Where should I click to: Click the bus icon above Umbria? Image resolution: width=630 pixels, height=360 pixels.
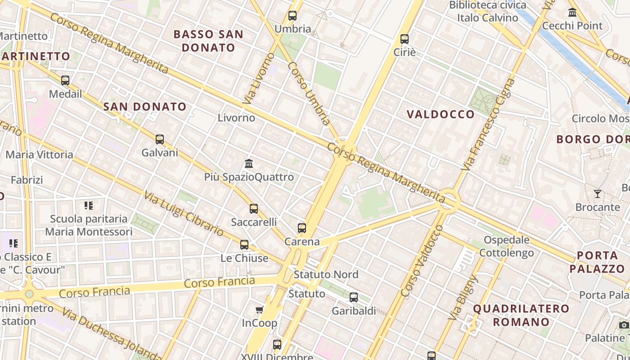[292, 16]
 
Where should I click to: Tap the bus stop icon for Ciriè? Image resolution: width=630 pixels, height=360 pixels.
[405, 39]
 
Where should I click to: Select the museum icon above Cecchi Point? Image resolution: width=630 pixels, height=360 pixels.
[572, 13]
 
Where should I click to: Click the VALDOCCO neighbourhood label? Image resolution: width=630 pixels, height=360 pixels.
[441, 114]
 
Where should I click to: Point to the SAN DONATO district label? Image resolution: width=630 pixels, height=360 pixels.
[144, 107]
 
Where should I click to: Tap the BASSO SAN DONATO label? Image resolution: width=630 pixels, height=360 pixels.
[208, 40]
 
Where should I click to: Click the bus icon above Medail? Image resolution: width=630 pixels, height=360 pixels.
[65, 81]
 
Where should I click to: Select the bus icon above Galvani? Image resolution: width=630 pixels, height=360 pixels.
[160, 139]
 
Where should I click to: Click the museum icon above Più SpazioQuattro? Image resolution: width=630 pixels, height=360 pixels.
[249, 163]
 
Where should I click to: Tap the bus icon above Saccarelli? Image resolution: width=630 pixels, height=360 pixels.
[254, 209]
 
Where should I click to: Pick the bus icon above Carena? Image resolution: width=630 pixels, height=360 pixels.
[302, 228]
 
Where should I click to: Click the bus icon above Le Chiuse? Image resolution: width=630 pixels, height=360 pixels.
[244, 245]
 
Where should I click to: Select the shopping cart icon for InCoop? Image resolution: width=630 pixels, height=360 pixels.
[260, 310]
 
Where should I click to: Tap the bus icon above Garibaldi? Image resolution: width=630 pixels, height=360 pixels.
[354, 297]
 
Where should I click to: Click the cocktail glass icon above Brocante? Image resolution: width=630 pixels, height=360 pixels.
[598, 194]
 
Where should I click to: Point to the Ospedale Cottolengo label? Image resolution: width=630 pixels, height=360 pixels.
[507, 246]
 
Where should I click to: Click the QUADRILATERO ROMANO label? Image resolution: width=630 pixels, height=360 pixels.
[521, 315]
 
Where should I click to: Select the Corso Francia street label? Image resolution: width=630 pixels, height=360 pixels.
[219, 283]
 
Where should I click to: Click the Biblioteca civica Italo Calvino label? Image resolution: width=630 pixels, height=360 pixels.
[488, 11]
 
